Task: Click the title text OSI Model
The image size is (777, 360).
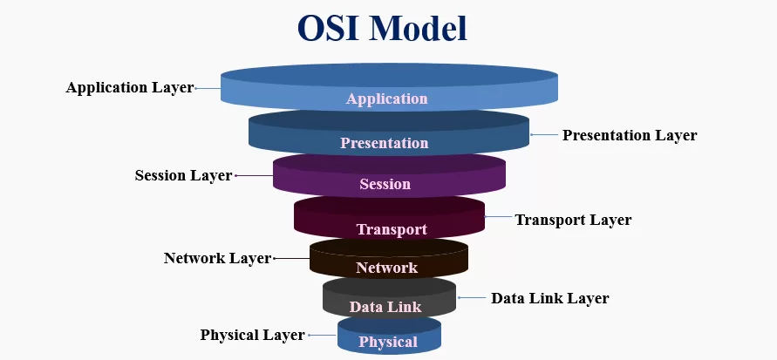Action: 383,28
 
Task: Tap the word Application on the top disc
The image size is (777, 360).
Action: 386,98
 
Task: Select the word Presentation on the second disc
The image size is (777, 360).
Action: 385,143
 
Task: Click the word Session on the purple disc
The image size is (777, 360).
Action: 385,185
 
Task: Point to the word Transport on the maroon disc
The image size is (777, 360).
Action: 392,230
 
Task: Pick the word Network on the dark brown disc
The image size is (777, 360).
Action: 386,268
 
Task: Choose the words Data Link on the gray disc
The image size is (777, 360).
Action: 385,307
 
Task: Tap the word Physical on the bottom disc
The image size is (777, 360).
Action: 388,343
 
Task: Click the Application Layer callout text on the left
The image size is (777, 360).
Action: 129,88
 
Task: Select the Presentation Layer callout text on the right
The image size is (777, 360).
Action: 629,136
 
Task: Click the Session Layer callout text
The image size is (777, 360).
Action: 183,176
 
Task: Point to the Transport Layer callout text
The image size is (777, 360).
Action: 572,221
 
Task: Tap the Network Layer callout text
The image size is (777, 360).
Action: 217,259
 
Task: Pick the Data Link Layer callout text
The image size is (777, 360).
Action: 549,298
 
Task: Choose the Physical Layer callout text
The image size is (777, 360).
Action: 252,335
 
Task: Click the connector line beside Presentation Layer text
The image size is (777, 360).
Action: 544,136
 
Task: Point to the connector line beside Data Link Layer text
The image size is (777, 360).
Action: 472,298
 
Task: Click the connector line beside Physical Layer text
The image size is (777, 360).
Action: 322,336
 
